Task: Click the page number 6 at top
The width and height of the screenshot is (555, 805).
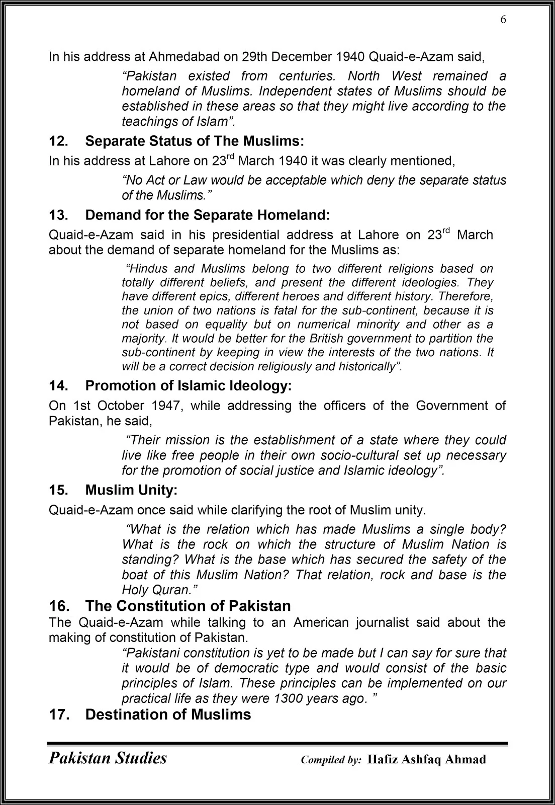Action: tap(503, 20)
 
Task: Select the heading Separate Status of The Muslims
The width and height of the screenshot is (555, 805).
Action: tap(195, 141)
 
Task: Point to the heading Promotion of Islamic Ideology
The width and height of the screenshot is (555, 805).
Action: tap(188, 386)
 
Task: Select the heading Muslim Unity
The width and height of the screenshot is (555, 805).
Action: tap(131, 490)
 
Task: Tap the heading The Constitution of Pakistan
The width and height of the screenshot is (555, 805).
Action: tap(188, 606)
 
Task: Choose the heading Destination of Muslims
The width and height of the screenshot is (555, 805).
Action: tap(168, 714)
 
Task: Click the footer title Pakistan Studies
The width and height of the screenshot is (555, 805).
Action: tap(108, 758)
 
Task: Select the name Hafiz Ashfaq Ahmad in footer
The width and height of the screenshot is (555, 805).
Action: tap(427, 759)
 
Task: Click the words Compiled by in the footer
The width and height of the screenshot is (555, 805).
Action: tap(331, 760)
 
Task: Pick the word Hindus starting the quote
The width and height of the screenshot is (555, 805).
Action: tap(148, 269)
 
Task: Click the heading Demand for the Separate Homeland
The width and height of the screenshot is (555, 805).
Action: tap(208, 215)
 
